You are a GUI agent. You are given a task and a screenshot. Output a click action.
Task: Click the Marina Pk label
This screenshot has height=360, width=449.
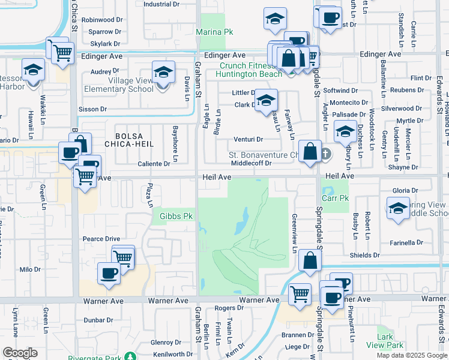tap(214, 31)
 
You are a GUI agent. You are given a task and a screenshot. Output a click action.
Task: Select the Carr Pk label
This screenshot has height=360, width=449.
tap(335, 198)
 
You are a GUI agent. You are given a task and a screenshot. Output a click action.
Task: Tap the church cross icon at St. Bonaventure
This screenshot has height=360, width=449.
tap(325, 154)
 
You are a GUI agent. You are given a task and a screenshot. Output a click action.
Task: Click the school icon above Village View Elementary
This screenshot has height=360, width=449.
tap(163, 74)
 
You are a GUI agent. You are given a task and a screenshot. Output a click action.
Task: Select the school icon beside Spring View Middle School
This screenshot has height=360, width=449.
tap(398, 209)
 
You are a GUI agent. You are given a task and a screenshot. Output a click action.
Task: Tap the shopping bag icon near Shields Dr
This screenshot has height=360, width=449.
tap(310, 261)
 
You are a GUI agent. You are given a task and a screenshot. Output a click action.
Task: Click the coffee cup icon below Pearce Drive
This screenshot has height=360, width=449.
tap(109, 274)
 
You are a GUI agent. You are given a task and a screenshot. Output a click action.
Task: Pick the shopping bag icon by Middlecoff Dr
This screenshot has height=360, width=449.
tap(310, 151)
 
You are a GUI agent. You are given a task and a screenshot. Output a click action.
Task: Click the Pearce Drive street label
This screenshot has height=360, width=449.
tap(101, 238)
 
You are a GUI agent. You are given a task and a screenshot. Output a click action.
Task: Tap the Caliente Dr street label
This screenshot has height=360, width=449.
tap(154, 163)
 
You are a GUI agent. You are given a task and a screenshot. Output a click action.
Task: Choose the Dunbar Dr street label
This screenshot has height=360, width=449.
tap(95, 320)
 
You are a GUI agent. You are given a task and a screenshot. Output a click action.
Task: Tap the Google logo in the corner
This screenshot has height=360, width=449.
tap(20, 353)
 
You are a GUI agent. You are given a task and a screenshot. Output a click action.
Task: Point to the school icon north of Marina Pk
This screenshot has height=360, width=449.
tap(275, 19)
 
